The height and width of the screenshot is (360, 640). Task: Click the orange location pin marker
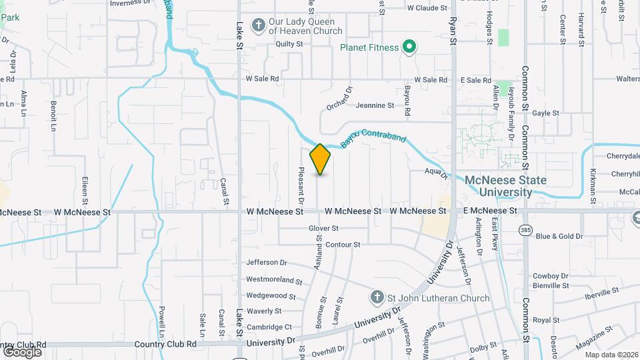click(x=321, y=159)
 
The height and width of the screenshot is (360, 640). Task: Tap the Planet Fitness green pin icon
click(x=411, y=47)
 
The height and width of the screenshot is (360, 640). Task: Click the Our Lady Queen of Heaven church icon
click(x=259, y=25)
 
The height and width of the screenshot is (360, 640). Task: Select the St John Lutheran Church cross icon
click(x=377, y=297)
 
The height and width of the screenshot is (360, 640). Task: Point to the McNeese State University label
click(x=505, y=186)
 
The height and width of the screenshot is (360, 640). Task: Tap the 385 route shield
click(x=525, y=229)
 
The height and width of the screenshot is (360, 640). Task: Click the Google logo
click(x=22, y=351)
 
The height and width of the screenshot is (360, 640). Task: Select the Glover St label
click(x=324, y=228)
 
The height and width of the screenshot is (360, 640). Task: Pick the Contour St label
click(x=343, y=245)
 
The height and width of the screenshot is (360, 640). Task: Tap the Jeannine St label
click(x=375, y=105)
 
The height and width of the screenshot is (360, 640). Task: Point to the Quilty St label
click(x=289, y=44)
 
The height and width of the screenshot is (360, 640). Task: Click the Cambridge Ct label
click(x=269, y=327)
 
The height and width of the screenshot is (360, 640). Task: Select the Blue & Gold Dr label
click(x=559, y=236)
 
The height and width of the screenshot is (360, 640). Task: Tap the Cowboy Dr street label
click(x=550, y=276)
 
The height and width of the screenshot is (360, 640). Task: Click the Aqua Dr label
click(x=434, y=171)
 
